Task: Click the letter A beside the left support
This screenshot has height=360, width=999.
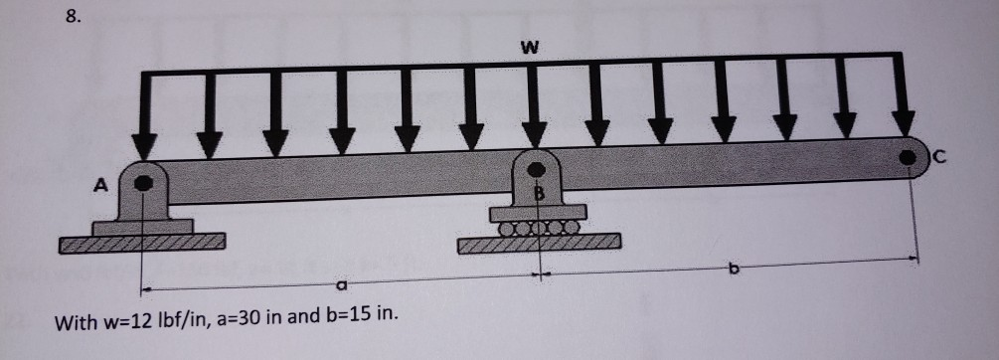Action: (99, 184)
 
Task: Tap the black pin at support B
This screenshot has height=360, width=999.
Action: (537, 168)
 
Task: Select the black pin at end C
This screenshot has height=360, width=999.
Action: (909, 156)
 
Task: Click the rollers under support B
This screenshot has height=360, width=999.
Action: (537, 228)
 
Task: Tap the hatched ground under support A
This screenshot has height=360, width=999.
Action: (141, 242)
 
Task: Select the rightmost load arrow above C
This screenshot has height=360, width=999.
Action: (904, 99)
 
